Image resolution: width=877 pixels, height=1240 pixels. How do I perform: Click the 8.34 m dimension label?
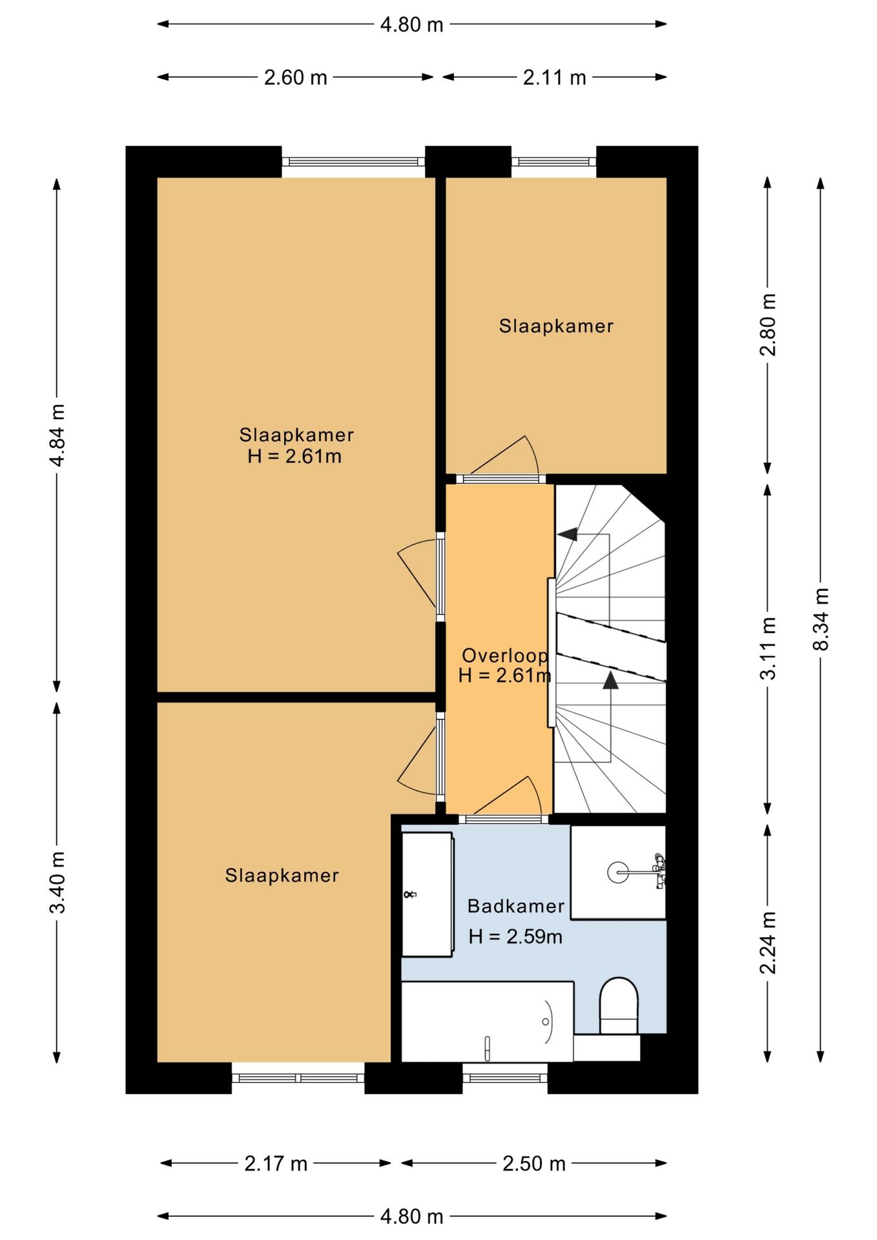[820, 619]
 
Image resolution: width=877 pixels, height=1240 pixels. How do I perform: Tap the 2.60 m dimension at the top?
[296, 77]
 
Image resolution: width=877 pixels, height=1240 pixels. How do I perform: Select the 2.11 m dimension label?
[555, 77]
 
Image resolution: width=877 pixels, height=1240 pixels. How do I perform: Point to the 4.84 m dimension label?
[57, 435]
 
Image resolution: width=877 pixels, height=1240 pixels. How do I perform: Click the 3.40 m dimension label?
[57, 882]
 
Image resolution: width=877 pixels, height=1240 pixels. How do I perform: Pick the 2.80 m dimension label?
[768, 325]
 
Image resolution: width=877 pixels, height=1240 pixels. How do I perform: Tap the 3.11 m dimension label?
[768, 648]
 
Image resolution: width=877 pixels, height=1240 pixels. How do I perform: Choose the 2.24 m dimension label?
[768, 943]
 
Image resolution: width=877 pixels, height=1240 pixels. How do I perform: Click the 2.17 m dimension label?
[276, 1164]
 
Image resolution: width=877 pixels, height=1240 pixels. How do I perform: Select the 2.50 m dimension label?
[534, 1164]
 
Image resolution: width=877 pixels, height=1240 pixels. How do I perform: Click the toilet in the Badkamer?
[619, 1006]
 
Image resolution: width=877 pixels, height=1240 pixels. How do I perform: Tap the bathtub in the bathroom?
[488, 1022]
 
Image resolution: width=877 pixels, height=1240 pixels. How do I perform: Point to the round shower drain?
[617, 873]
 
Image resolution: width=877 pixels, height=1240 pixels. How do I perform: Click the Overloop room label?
[505, 656]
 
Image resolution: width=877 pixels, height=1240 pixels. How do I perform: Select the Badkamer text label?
[516, 906]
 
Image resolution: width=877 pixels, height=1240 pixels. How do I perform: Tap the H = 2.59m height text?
[515, 936]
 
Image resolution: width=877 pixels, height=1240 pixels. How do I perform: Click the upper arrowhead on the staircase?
[568, 534]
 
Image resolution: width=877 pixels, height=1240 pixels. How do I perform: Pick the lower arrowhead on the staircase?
[610, 680]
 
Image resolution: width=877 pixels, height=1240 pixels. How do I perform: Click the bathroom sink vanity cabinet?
[427, 894]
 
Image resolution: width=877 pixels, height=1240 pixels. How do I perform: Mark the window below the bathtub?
[505, 1078]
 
